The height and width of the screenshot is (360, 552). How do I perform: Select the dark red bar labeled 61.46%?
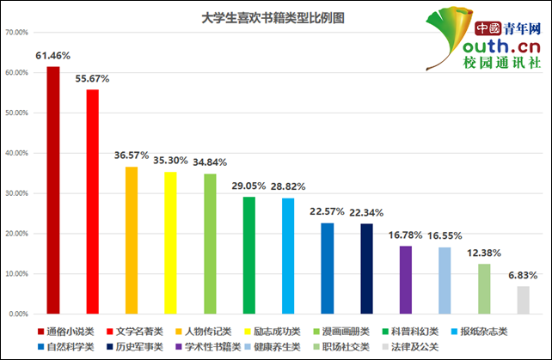53,190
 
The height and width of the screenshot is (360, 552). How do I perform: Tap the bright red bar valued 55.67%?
92,201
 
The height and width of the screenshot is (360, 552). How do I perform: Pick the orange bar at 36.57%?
132,240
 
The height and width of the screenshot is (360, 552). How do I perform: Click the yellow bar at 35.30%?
170,242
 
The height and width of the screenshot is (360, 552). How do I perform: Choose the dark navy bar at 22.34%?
367,268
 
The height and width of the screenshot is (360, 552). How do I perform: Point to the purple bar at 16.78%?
406,279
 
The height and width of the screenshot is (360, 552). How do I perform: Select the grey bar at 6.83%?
523,300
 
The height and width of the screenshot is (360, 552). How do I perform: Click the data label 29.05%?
249,186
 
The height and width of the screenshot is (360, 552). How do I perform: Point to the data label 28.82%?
288,186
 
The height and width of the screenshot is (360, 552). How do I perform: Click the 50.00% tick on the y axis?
17,113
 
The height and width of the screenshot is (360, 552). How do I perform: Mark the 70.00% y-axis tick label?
17,33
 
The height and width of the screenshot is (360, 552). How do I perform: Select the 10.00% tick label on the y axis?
17,274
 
